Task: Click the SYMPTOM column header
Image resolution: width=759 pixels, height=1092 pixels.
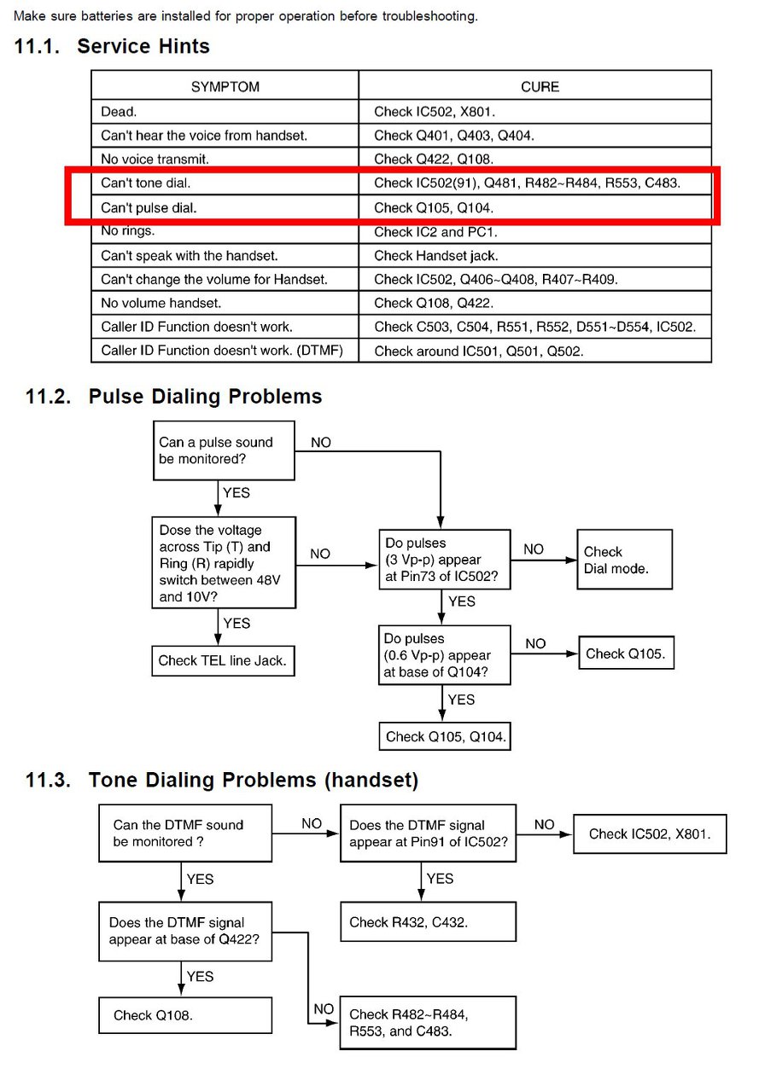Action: pos(225,87)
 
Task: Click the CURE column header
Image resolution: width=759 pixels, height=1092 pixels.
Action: pos(540,87)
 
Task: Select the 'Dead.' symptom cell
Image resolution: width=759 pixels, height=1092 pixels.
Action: pos(225,111)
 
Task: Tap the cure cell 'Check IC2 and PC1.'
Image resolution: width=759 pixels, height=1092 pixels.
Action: pos(534,231)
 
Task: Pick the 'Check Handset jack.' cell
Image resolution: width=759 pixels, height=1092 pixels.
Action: pos(534,255)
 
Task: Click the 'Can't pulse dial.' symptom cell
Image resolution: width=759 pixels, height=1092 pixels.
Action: pos(225,207)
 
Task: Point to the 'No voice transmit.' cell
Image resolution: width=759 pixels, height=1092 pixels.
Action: pos(225,159)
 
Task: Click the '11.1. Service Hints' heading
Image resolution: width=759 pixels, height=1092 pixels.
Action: pos(112,46)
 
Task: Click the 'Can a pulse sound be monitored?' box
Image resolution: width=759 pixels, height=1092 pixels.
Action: pos(224,450)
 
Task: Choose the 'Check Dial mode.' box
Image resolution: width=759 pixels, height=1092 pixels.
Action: pos(624,560)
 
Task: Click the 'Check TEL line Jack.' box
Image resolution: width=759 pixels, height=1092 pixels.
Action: pos(223,660)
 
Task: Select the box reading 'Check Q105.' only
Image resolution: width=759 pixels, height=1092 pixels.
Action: pos(628,654)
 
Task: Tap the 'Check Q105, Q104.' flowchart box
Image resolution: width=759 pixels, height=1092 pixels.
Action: pos(444,736)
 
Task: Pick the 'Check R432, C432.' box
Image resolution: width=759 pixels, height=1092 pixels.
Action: pos(428,922)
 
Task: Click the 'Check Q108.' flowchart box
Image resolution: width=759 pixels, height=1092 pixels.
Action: pos(185,1015)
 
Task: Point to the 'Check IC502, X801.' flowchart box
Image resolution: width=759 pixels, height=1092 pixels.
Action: pos(650,834)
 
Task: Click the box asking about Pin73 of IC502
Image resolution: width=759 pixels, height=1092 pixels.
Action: pos(444,560)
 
